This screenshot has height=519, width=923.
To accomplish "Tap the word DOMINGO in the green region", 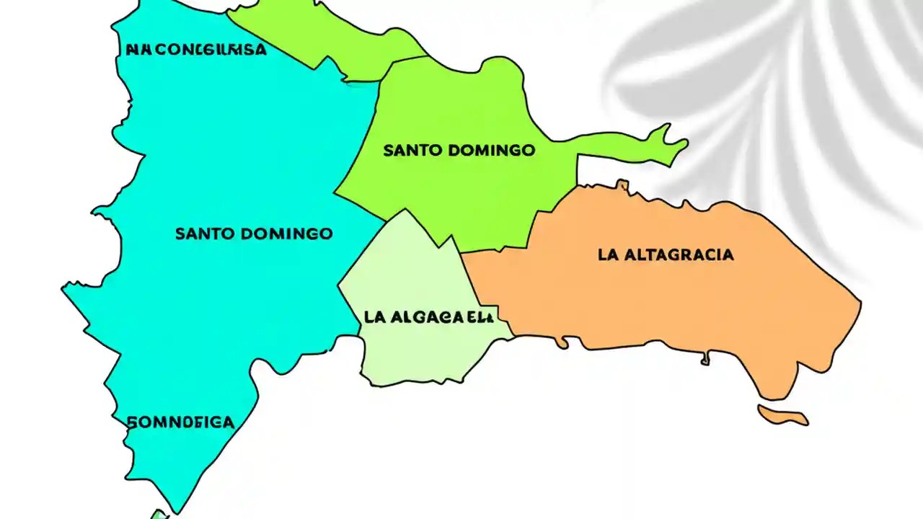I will pos(491,151).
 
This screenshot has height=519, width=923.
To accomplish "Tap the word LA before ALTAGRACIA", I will pos(608,254).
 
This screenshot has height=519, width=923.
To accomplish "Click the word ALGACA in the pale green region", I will pos(425,316).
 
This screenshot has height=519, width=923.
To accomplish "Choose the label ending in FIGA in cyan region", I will pos(181,422).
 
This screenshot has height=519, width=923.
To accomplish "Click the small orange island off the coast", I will pos(782,415).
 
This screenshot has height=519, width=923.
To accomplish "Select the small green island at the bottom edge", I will pos(158,515).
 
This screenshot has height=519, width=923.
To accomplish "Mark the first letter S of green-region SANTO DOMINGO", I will pos(388,151).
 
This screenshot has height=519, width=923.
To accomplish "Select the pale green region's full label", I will pos(429,316).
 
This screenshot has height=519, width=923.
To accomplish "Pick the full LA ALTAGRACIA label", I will pos(666,254).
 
